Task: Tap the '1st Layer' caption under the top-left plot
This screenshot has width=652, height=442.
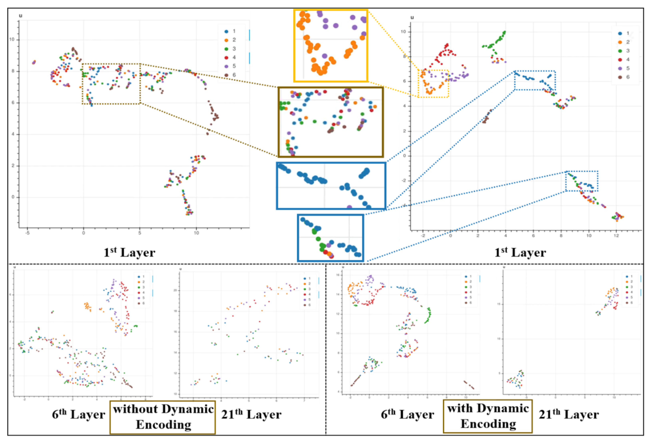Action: click(129, 252)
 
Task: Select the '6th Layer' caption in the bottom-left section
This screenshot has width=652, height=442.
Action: click(79, 414)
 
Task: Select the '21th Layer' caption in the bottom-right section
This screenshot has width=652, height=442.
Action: click(569, 414)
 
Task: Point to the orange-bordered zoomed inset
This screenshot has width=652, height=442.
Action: click(331, 46)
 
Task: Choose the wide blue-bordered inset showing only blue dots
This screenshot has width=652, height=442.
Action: click(331, 186)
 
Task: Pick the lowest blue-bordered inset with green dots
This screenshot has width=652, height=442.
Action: click(330, 238)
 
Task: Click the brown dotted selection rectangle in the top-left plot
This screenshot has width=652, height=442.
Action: click(111, 84)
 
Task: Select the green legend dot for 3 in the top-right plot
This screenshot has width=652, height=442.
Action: click(620, 51)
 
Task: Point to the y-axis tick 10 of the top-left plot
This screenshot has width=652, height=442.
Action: click(12, 40)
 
